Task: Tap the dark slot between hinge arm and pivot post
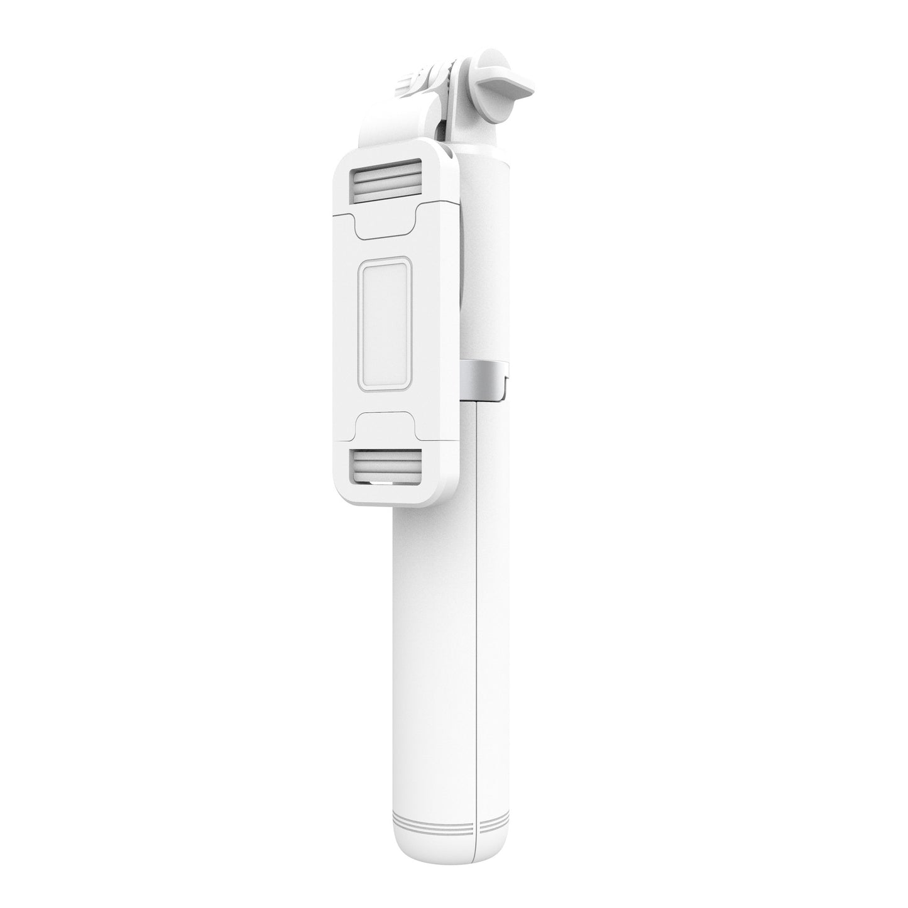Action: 444,132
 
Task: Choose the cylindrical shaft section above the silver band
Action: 487,264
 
